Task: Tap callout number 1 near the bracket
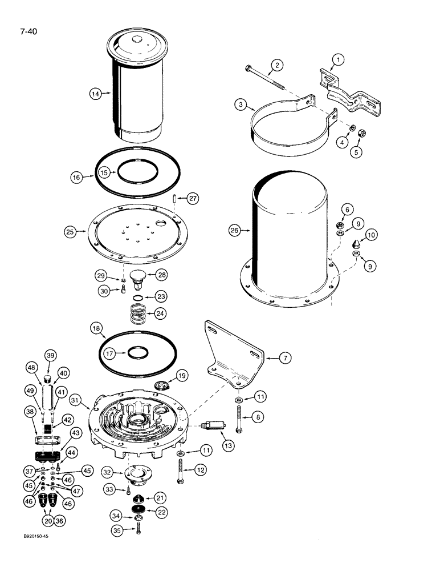pos(338,59)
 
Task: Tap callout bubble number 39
pos(50,355)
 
